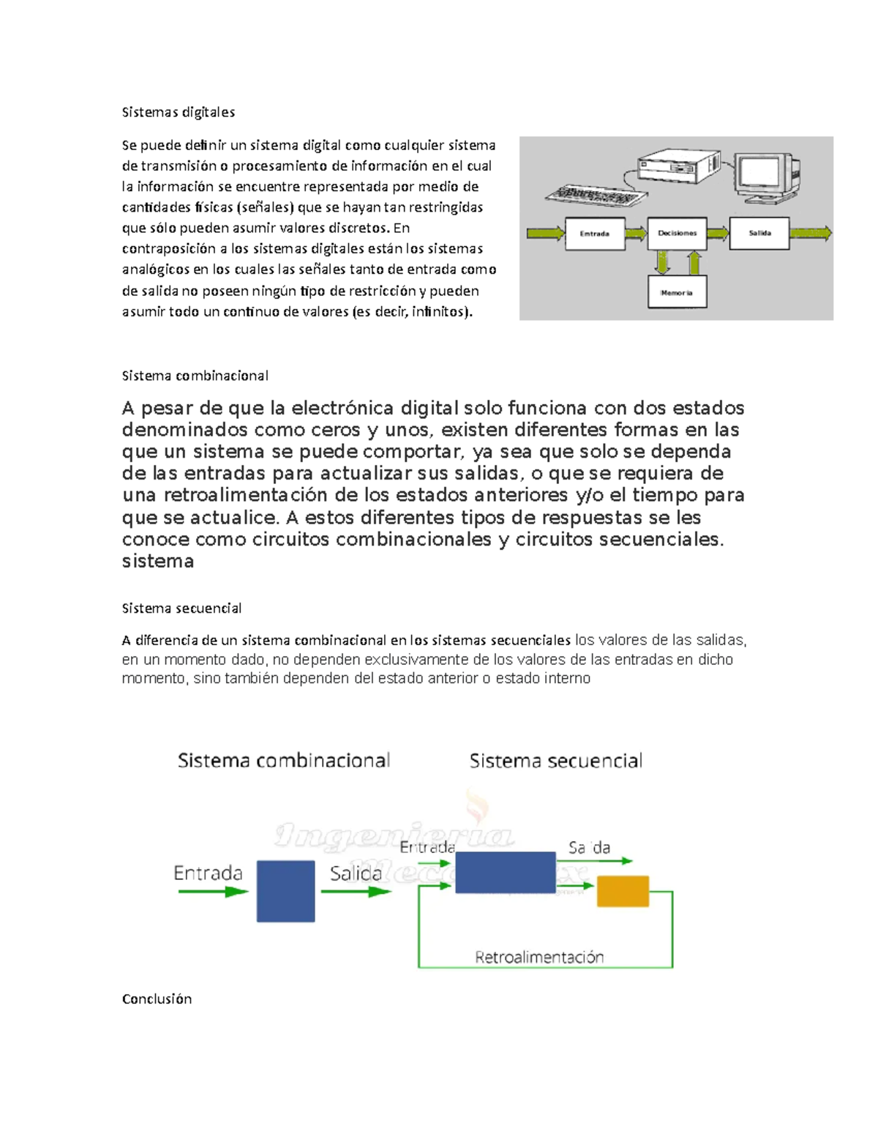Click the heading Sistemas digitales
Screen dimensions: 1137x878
[178, 112]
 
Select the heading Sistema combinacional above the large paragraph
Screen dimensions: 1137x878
[195, 376]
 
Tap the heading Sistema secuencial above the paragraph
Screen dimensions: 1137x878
[181, 608]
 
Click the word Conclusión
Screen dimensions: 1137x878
[157, 999]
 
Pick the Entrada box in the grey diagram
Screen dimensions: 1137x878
[595, 234]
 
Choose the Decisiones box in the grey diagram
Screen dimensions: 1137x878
[677, 234]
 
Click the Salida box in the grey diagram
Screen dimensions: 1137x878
[759, 234]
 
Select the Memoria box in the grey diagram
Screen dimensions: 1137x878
[677, 292]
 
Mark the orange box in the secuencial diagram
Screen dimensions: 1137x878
[623, 891]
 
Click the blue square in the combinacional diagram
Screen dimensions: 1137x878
[285, 891]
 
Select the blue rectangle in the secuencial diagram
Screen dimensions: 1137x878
[505, 872]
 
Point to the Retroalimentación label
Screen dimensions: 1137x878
[539, 957]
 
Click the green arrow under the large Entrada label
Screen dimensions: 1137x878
[213, 892]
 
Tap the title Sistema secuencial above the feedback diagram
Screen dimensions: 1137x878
[555, 761]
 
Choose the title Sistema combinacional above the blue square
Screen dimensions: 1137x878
[284, 761]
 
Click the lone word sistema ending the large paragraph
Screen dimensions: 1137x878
[158, 562]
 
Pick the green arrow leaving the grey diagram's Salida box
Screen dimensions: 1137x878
[811, 234]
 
